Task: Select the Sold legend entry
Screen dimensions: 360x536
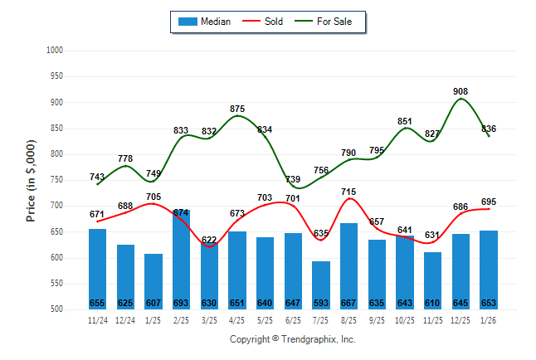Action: pos(265,22)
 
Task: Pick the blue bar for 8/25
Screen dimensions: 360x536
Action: pos(349,265)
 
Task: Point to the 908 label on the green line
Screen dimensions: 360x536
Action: pos(460,91)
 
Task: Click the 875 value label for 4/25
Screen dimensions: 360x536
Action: pos(237,109)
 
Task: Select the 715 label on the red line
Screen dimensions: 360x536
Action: pos(349,192)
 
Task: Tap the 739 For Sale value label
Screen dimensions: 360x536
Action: pos(293,179)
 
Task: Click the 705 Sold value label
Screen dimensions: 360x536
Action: pos(153,197)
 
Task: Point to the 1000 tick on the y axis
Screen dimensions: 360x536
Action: pos(55,51)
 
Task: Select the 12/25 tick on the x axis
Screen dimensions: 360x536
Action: pos(461,319)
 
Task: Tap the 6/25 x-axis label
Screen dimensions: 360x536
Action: pos(293,319)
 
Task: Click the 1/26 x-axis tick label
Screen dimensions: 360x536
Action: pos(490,319)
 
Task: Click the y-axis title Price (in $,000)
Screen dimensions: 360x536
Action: pos(32,180)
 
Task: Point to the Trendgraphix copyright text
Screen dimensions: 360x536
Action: pos(292,339)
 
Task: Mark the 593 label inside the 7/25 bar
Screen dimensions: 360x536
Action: pos(321,303)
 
